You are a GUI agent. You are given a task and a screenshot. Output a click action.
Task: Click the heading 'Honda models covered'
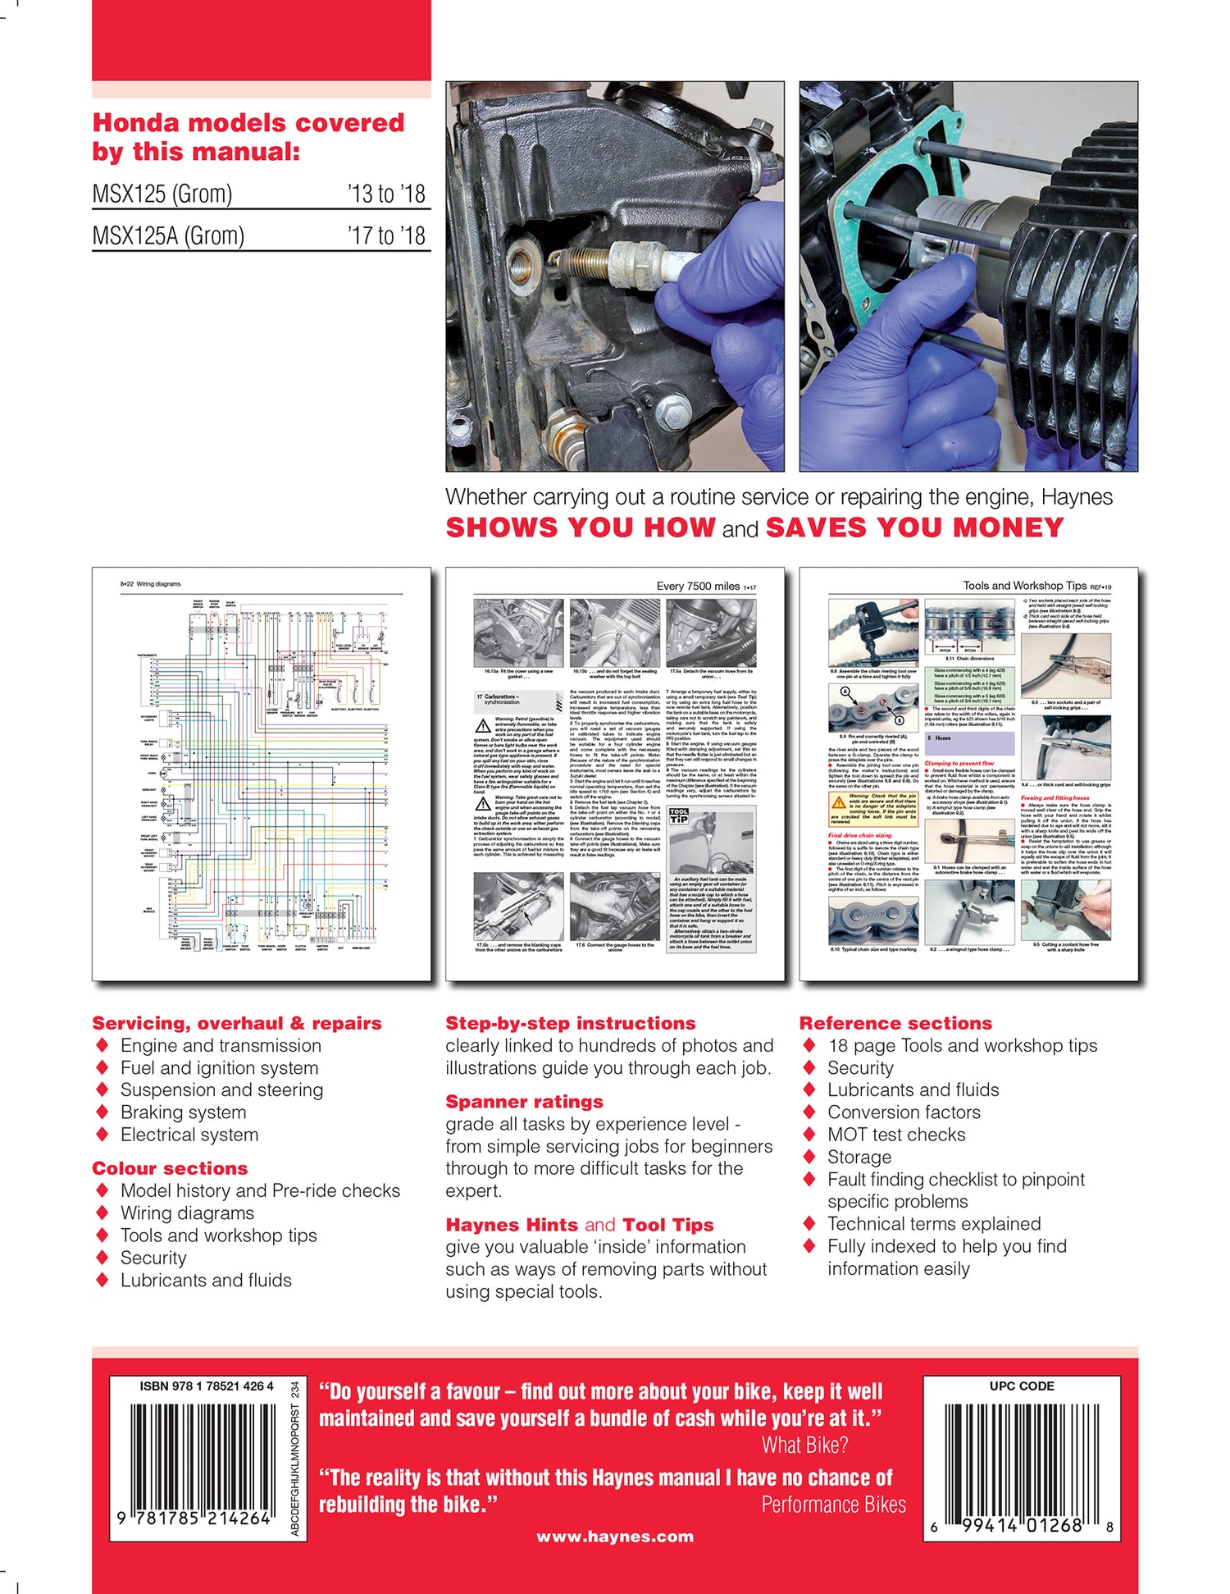click(248, 123)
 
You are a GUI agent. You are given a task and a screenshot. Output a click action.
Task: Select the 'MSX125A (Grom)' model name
click(168, 236)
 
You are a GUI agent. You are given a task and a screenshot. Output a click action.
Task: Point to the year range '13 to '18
click(385, 194)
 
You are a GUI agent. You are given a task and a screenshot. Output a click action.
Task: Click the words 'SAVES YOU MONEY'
click(914, 528)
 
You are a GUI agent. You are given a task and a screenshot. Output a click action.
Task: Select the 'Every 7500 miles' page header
click(698, 586)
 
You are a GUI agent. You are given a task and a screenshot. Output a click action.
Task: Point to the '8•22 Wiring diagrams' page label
click(151, 584)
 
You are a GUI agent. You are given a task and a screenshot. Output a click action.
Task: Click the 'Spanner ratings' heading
click(524, 1102)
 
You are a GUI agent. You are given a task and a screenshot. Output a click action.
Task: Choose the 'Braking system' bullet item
click(183, 1112)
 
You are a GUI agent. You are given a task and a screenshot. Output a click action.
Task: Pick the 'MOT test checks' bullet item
click(896, 1135)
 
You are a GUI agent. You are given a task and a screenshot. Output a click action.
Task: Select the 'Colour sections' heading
click(170, 1168)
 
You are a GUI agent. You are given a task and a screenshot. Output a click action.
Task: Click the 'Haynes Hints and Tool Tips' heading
click(579, 1225)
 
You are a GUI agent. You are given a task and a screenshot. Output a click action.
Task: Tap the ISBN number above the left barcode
click(207, 1386)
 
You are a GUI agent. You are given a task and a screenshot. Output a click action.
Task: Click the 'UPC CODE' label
click(1022, 1386)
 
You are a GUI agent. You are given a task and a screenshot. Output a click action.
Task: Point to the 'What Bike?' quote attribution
click(804, 1446)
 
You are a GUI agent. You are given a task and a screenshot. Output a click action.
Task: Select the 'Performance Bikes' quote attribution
click(833, 1505)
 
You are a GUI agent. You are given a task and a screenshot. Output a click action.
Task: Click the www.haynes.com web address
click(615, 1537)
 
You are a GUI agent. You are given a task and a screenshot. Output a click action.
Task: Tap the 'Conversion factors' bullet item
click(904, 1112)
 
